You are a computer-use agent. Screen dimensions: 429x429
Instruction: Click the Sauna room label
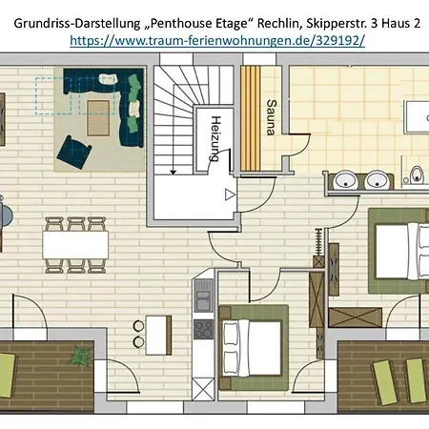point(271,117)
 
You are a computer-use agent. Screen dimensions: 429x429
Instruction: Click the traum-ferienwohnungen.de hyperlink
point(217,41)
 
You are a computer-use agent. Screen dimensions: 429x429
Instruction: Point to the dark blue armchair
point(74,152)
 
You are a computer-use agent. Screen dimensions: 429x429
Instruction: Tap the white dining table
point(75,245)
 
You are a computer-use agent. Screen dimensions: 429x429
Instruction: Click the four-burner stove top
point(204,330)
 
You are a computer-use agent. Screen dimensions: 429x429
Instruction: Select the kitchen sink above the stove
point(204,300)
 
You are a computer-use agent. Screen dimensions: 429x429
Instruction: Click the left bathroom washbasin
point(346,180)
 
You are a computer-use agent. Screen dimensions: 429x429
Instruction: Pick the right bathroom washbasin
point(377,180)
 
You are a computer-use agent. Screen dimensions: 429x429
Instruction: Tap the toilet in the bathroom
point(417,174)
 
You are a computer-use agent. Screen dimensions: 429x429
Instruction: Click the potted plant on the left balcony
point(79,355)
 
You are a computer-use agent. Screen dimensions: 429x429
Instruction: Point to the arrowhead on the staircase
point(173,173)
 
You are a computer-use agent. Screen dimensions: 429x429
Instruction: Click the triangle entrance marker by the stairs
point(230,194)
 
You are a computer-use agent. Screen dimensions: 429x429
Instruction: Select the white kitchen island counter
point(158,336)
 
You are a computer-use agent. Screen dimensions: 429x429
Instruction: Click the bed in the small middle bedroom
point(253,348)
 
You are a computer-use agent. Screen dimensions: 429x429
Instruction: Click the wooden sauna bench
point(251,118)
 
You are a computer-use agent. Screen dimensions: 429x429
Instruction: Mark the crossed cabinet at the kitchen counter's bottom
point(203,389)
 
